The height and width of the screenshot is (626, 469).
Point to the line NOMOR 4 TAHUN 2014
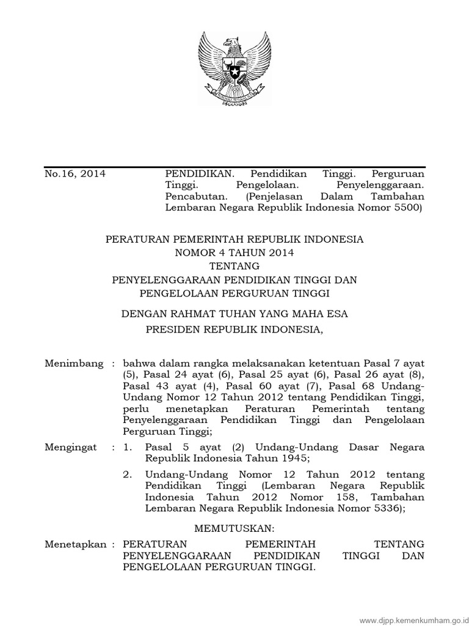point(234,251)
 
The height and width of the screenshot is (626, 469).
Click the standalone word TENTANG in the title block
point(234,265)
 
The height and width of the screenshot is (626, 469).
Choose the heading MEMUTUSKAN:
point(234,527)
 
